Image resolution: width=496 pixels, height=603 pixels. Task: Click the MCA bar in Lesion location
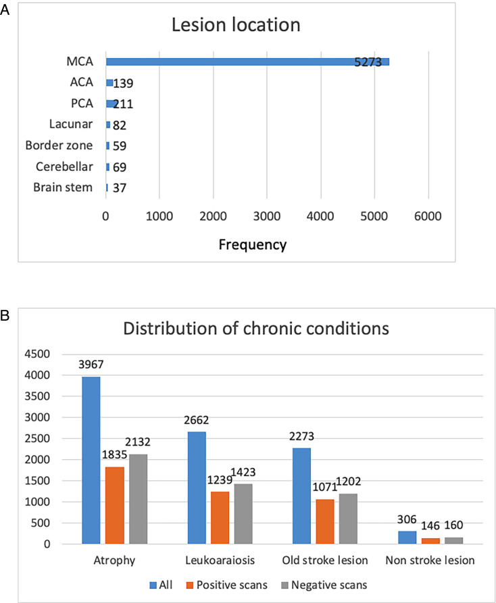click(247, 62)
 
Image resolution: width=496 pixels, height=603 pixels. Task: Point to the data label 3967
click(91, 365)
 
